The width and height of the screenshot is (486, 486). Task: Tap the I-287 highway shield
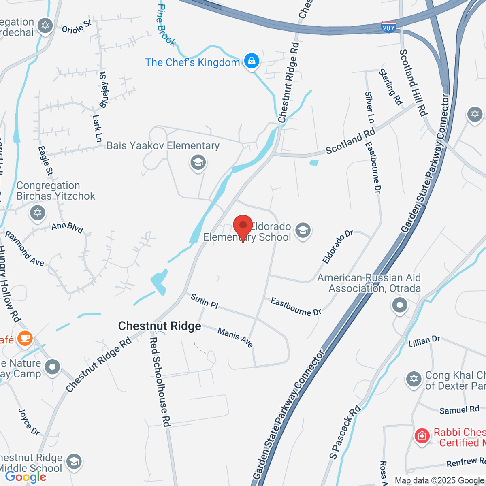tap(388, 27)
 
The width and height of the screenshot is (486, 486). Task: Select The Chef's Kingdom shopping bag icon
tap(252, 62)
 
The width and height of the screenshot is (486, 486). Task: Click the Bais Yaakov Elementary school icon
tap(198, 163)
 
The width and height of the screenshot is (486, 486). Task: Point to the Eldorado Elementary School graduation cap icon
tap(303, 231)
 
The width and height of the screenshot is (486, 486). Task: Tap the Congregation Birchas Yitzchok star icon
tap(38, 212)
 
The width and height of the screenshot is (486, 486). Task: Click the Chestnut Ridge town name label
tap(160, 326)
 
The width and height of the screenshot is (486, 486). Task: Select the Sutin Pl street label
tap(205, 302)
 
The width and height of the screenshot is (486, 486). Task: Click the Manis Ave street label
tap(235, 338)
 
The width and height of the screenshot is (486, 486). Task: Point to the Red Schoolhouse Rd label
tap(159, 382)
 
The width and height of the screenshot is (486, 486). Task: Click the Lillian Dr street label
tap(424, 341)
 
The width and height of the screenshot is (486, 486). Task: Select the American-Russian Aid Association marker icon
tap(400, 305)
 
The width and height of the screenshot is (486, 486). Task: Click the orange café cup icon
tap(25, 338)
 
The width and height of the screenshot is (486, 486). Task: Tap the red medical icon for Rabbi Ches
tap(422, 436)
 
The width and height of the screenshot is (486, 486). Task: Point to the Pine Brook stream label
tap(166, 25)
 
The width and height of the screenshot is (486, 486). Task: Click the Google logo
tap(26, 477)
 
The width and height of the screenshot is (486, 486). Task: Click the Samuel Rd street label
tap(459, 410)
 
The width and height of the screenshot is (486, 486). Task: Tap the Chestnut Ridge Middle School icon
tap(74, 461)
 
